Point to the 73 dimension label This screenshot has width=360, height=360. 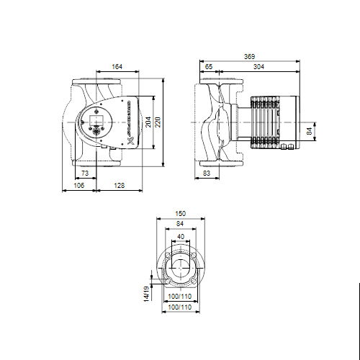pyautogui.click(x=84, y=174)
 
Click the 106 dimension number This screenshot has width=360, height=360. pyautogui.click(x=79, y=186)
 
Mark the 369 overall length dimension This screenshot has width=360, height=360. pyautogui.click(x=249, y=56)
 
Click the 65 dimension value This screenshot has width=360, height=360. pyautogui.click(x=209, y=67)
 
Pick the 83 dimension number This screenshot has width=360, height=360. pyautogui.click(x=207, y=174)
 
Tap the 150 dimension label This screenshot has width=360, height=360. pyautogui.click(x=181, y=214)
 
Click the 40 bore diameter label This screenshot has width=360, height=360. pyautogui.click(x=181, y=237)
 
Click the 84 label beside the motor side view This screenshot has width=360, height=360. pyautogui.click(x=310, y=131)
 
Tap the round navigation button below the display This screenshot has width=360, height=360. pyautogui.click(x=96, y=130)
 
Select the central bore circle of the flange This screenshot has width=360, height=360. pyautogui.click(x=180, y=268)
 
